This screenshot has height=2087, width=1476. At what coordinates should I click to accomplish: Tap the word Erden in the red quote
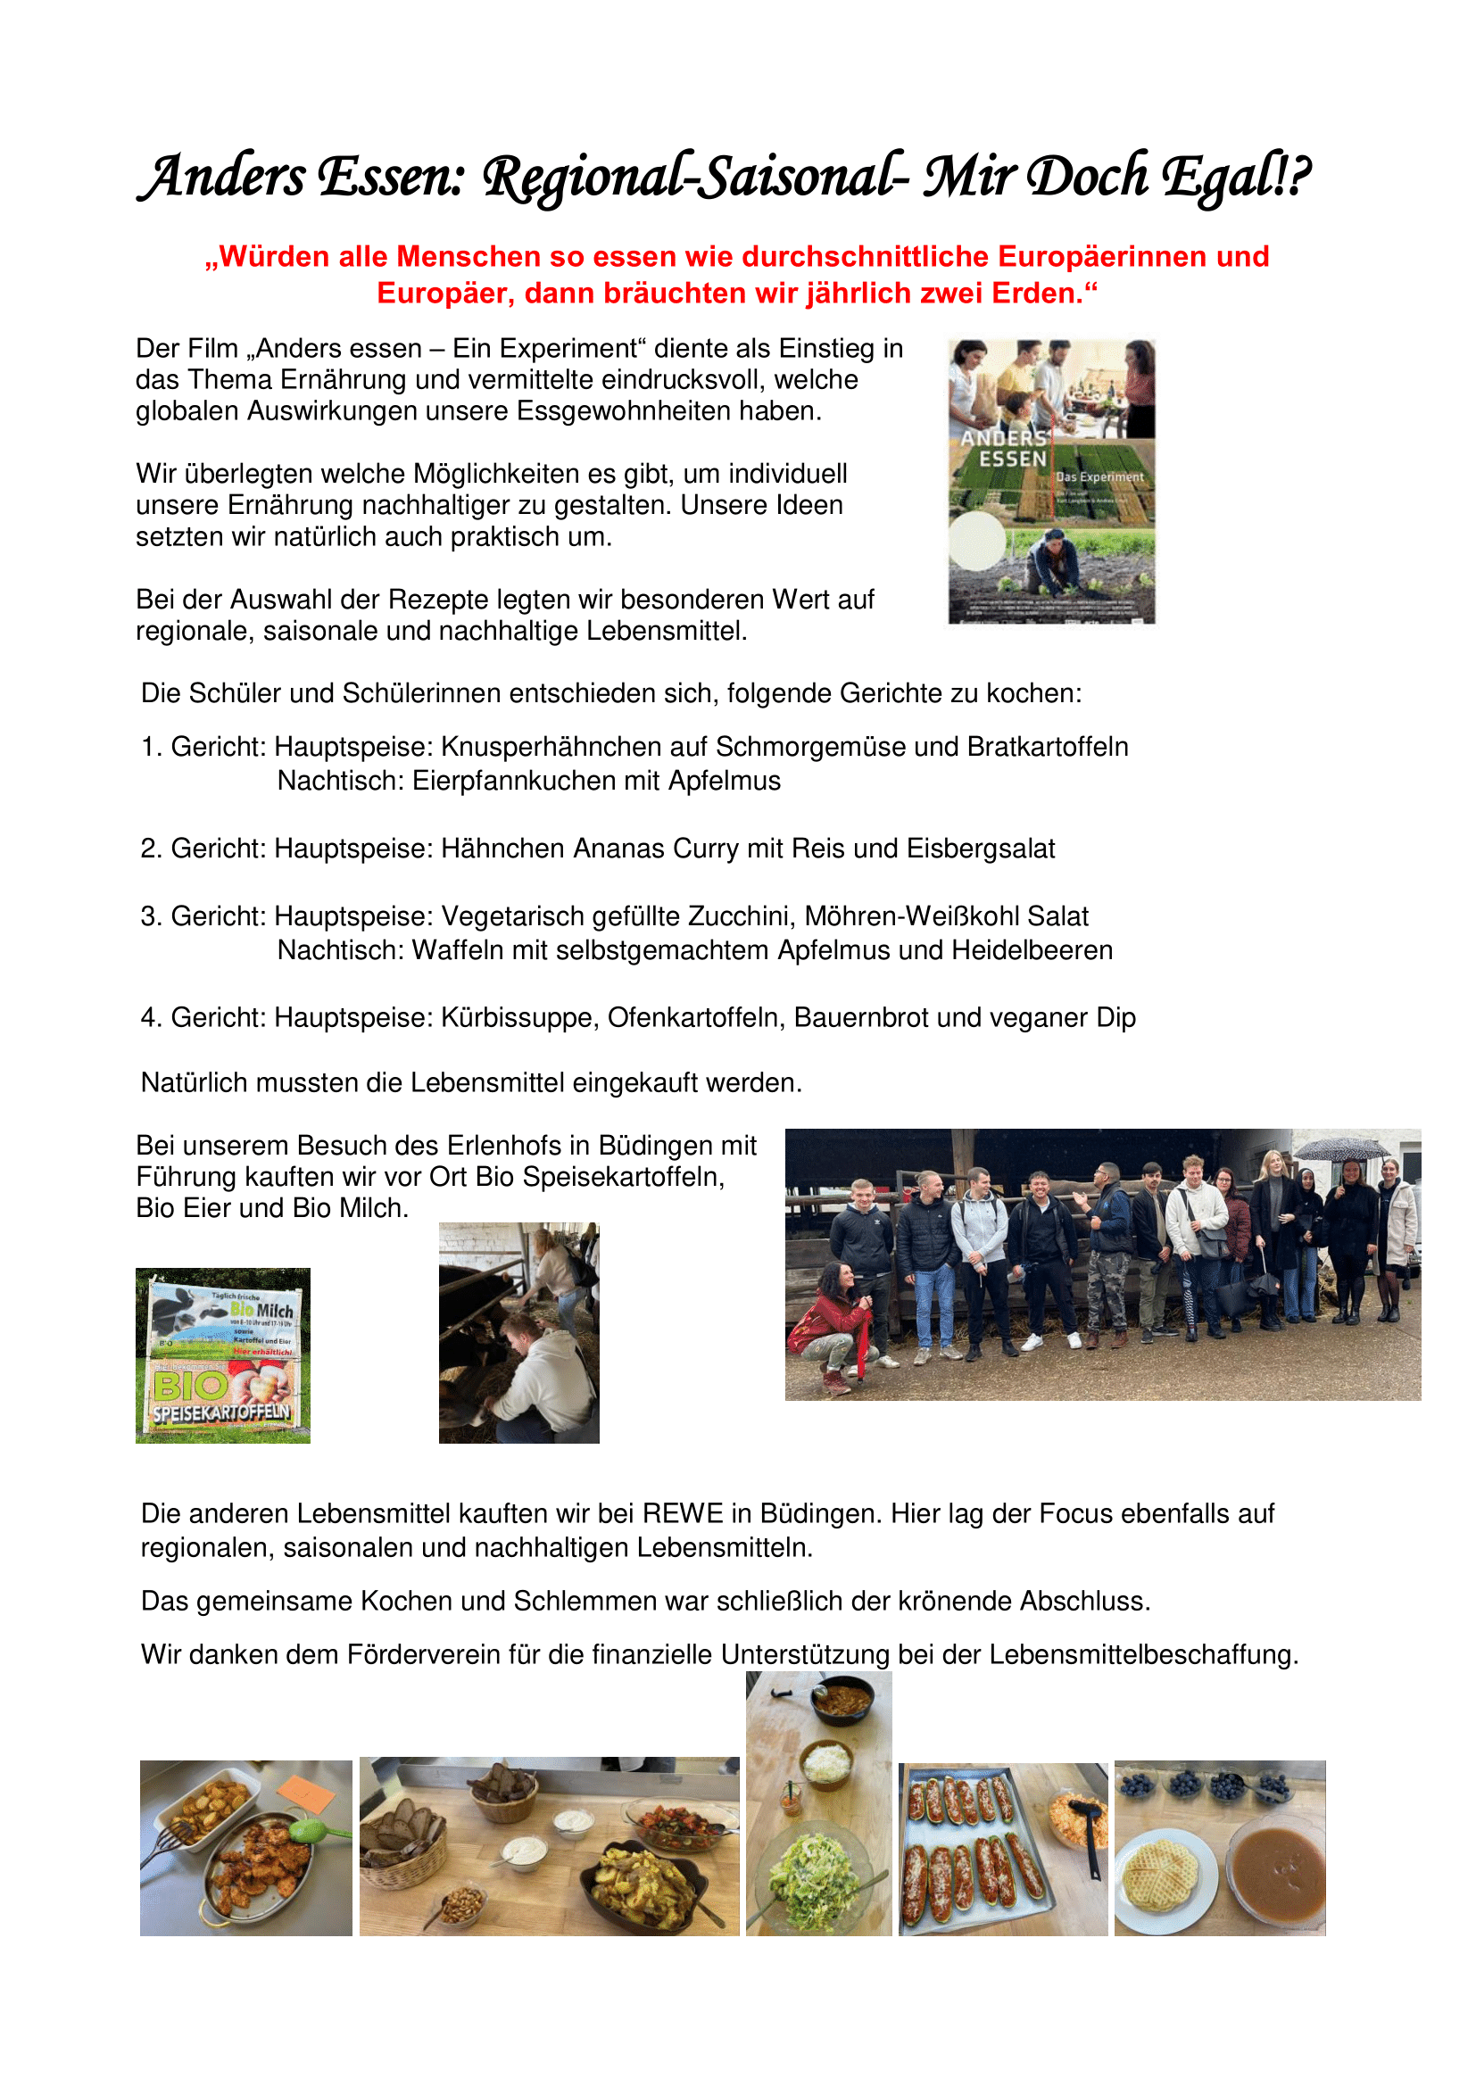coord(1037,294)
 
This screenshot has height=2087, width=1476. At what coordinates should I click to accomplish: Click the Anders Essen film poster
coord(1050,482)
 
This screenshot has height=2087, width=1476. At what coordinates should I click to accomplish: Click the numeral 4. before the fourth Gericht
coord(150,1018)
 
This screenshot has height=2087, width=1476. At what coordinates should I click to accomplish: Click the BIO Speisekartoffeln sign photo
coord(223,1354)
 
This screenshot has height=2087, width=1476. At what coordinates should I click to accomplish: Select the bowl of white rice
coord(826,1764)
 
